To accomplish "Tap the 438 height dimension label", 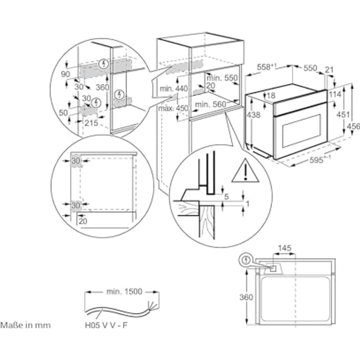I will [253, 115].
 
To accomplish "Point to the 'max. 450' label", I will [173, 108].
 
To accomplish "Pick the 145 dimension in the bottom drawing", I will [284, 248].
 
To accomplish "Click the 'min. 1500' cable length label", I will [124, 292].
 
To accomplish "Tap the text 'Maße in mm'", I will [25, 325].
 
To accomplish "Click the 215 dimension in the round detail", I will [91, 123].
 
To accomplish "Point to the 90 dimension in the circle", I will [65, 74].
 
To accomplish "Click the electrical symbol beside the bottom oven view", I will [247, 259].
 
